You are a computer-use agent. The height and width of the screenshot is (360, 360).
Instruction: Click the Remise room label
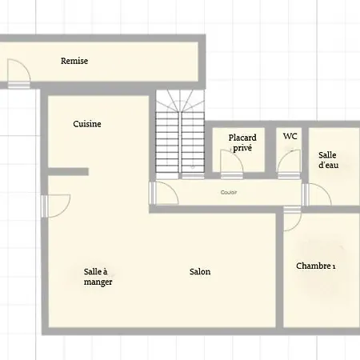coord(74,61)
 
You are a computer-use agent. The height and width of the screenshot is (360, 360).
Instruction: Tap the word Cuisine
coord(87,124)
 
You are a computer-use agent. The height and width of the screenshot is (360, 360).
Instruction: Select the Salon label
coord(200,272)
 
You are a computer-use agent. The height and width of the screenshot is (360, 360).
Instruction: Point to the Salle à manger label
coord(98,277)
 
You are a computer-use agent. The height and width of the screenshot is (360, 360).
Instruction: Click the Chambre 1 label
coord(316,266)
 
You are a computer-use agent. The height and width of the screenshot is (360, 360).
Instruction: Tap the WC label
coord(290,136)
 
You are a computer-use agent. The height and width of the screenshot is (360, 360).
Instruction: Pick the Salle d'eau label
coord(328,160)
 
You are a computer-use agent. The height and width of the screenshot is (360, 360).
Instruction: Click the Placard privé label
coord(242,142)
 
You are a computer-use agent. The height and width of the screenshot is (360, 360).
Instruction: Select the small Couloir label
coord(229,192)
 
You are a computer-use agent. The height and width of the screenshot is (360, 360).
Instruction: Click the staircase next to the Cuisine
coord(180,134)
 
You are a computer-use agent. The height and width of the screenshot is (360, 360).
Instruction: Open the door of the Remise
coord(18,74)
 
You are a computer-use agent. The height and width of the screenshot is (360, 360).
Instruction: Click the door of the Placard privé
coord(232,164)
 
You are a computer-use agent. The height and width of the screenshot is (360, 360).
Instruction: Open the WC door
coord(289,164)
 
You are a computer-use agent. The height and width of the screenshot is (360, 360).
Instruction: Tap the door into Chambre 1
coord(293,218)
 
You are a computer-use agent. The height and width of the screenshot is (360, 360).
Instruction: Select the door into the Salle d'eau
coord(317,194)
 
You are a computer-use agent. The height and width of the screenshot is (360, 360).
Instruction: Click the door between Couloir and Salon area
coord(164,193)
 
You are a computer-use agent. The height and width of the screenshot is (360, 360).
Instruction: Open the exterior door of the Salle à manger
coord(56,206)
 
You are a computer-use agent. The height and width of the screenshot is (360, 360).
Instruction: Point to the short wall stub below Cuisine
coord(68,172)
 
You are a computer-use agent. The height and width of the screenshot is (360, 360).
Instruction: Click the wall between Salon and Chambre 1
coord(279,270)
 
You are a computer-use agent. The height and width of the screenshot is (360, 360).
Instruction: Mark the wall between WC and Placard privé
coord(270,150)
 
